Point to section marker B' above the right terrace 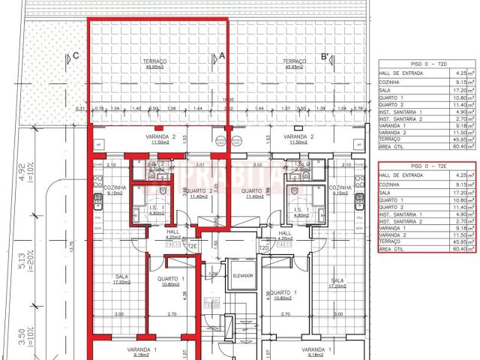tap(325, 56)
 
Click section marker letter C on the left tap(76, 56)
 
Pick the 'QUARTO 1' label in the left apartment tap(167, 280)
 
